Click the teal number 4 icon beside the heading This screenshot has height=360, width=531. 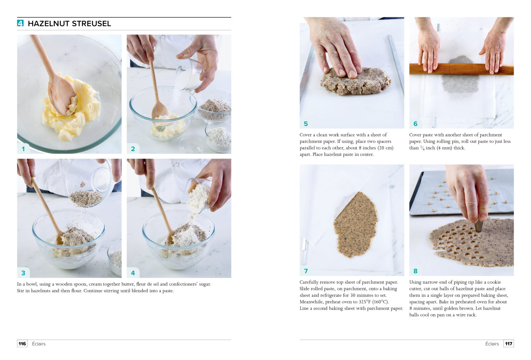20,23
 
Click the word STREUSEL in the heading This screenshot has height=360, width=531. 91,24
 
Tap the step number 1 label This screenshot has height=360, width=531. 23,149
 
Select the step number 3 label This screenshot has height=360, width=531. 23,273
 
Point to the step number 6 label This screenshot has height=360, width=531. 415,124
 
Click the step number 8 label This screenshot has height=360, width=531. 415,271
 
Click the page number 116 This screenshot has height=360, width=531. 22,344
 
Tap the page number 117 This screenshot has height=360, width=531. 509,344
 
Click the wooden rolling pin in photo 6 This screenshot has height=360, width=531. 461,69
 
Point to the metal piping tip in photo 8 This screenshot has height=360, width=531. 478,225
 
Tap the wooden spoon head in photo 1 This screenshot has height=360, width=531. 62,96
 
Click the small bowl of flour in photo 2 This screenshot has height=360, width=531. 218,136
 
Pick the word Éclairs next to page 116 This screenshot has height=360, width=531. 38,344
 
